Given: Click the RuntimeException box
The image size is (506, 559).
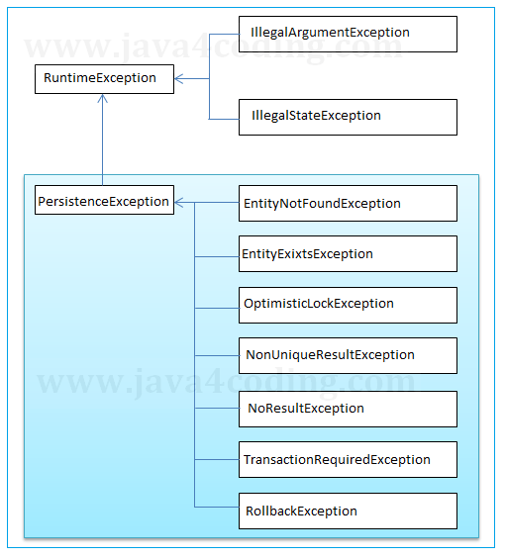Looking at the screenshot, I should (x=104, y=78).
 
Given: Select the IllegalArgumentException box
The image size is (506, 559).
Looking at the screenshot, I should (x=348, y=33).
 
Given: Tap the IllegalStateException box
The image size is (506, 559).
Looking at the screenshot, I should (x=348, y=116).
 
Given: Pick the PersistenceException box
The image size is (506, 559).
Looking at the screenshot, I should (x=104, y=201).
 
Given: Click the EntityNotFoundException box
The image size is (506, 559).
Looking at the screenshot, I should (x=348, y=203).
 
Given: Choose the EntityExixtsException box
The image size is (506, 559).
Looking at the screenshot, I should (x=348, y=254).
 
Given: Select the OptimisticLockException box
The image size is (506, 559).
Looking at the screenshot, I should (x=348, y=305).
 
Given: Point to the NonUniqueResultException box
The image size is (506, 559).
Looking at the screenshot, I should (x=348, y=355).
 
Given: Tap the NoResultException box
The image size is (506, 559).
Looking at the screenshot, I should (x=348, y=408).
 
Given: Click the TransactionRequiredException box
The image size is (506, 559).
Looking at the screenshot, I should (x=348, y=459).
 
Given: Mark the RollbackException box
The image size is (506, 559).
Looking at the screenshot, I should (x=348, y=511).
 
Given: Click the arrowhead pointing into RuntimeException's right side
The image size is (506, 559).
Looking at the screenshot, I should (x=179, y=78).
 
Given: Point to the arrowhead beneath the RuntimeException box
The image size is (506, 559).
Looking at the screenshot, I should (x=103, y=100).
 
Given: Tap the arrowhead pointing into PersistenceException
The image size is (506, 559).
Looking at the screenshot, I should (x=179, y=203).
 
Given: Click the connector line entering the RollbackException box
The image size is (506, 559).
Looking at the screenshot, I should (x=217, y=507).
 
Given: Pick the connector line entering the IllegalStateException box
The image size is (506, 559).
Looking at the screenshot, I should (x=224, y=119).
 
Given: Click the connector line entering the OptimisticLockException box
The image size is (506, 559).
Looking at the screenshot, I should (x=217, y=307).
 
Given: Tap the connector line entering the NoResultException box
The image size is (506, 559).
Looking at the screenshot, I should (x=217, y=407).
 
